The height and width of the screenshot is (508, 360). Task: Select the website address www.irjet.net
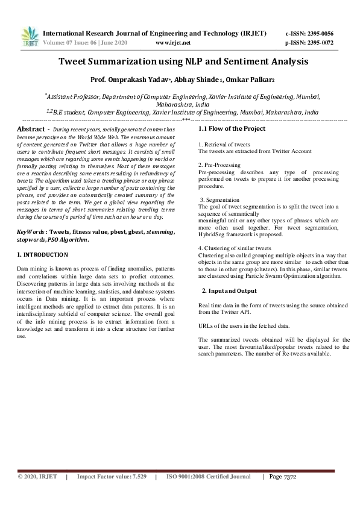tap(173, 43)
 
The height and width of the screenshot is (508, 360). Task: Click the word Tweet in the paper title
tap(75, 61)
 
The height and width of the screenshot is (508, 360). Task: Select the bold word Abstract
tap(31, 130)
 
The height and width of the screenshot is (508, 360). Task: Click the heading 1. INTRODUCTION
tap(42, 255)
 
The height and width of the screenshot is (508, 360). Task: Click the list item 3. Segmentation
tap(219, 199)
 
